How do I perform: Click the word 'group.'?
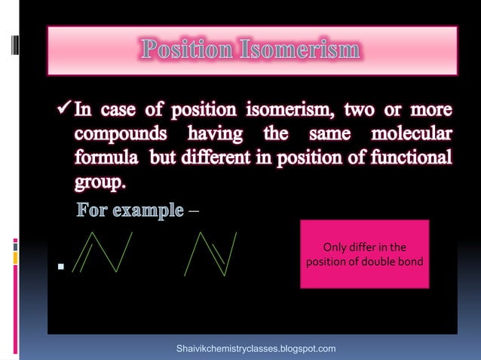100,185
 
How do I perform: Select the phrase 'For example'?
130,209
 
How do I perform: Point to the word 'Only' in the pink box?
335,247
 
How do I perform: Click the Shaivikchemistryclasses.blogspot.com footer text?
256,349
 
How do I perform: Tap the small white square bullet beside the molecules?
60,267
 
